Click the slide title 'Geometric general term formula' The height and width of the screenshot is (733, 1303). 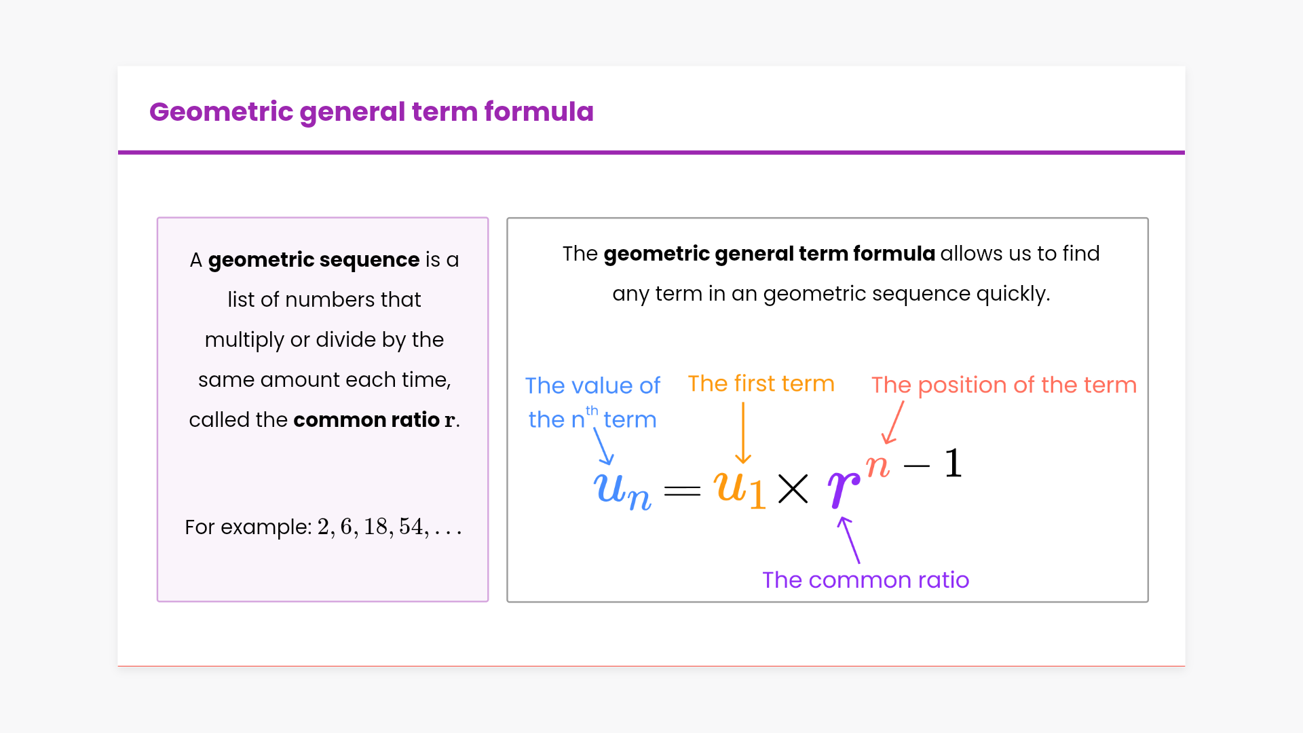[371, 112]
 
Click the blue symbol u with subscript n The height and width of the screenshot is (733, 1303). [622, 490]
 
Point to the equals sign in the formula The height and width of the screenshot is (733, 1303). [682, 491]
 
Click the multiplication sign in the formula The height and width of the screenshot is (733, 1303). [793, 489]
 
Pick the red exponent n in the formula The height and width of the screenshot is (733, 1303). [877, 467]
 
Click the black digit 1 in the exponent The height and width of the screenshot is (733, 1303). [953, 463]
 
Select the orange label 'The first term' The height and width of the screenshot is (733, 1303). [761, 383]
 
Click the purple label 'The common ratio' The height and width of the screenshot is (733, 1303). [865, 580]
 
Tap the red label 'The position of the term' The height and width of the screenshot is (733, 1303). [1004, 385]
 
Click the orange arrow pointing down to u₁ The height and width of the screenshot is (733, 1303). [743, 433]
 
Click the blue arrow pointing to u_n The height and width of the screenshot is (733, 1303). [603, 446]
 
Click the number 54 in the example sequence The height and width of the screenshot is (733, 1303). [411, 527]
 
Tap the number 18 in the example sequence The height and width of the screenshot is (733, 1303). [376, 527]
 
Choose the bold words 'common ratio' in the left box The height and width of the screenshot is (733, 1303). [366, 419]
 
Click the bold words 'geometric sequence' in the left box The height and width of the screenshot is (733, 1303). [314, 260]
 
